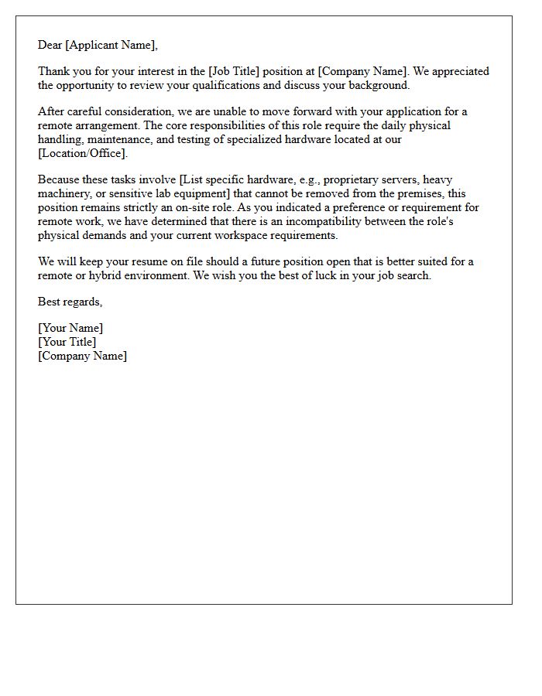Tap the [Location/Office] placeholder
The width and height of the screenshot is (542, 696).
(x=82, y=153)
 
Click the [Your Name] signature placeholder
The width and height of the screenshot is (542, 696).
(x=70, y=328)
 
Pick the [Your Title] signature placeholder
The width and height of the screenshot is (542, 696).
(x=67, y=342)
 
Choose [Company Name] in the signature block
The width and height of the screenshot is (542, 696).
(x=82, y=356)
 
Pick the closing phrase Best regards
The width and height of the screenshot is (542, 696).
(x=70, y=302)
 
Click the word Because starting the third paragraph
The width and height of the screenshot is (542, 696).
(x=61, y=179)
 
